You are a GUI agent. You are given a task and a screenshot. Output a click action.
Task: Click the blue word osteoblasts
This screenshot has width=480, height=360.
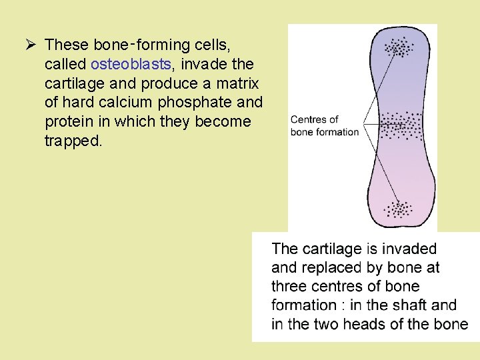pyautogui.click(x=131, y=64)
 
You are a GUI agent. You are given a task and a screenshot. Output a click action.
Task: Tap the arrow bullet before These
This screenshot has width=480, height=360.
pyautogui.click(x=30, y=45)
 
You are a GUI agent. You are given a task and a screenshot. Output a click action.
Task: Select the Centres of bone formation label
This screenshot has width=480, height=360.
pyautogui.click(x=325, y=125)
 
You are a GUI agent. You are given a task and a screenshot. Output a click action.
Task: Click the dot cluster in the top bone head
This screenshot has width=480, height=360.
pyautogui.click(x=400, y=48)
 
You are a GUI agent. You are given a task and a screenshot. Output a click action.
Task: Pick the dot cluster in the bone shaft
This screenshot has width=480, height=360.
pyautogui.click(x=401, y=124)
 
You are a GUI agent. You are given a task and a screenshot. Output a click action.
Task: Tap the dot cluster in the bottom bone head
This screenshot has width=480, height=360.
pyautogui.click(x=400, y=209)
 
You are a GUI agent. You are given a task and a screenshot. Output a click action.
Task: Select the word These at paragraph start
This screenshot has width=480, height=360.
pyautogui.click(x=67, y=45)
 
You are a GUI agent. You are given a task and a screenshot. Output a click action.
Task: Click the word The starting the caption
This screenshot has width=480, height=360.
pyautogui.click(x=285, y=249)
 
